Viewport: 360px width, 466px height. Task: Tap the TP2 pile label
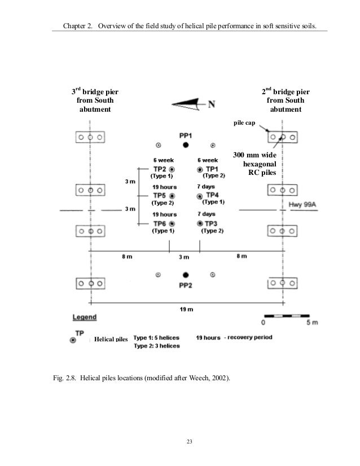160,169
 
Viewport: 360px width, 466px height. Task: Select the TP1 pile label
212,169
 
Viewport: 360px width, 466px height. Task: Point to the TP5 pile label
160,195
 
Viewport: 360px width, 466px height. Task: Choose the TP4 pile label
212,195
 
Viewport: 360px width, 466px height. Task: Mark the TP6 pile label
160,223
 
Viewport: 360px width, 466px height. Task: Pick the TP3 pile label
212,223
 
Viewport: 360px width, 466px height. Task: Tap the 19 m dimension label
186,309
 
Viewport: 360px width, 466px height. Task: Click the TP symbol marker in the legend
73,340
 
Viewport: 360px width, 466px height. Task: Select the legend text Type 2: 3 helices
156,346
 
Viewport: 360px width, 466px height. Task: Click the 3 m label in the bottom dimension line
185,257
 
